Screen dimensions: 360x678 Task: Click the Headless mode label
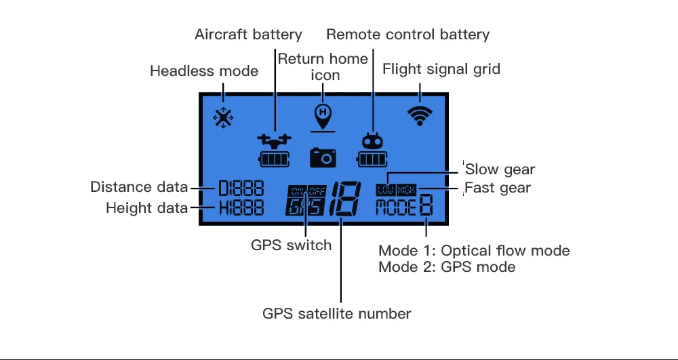tap(204, 71)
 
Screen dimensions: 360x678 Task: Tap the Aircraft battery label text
tap(248, 34)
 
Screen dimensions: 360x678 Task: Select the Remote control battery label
tap(407, 34)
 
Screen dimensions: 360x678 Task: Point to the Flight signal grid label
tap(441, 68)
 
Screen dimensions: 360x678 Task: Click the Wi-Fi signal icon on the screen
tap(420, 116)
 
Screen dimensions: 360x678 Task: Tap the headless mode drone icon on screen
tap(223, 117)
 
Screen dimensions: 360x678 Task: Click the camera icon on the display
tap(323, 157)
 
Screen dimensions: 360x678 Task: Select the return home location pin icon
tap(323, 114)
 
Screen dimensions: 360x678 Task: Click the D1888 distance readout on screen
tap(241, 189)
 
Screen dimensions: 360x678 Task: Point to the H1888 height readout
tap(241, 208)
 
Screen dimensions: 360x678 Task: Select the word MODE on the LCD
tap(396, 207)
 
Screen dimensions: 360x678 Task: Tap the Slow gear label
tap(500, 169)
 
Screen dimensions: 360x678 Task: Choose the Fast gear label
tap(498, 187)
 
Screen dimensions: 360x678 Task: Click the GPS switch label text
tap(292, 245)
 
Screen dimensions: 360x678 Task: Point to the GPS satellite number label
tap(337, 314)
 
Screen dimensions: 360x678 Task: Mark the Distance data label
tap(140, 187)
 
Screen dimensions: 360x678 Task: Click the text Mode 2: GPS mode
tap(447, 267)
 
